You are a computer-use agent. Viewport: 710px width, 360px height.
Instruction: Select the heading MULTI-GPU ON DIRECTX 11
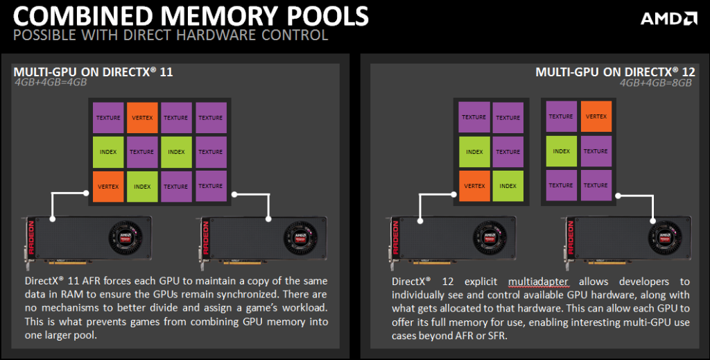point(94,72)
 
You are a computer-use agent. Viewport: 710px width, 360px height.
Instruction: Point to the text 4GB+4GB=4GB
point(51,83)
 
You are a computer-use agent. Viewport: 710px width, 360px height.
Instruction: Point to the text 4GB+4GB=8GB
point(657,83)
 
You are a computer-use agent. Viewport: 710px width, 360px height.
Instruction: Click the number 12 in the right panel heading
point(689,72)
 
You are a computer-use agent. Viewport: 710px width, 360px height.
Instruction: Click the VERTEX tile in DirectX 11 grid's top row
point(142,118)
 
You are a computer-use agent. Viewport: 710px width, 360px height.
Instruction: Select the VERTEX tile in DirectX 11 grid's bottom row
point(108,186)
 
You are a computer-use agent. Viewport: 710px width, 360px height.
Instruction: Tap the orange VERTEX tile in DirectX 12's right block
point(596,117)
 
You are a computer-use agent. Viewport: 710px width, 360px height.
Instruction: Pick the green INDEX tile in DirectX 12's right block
point(561,151)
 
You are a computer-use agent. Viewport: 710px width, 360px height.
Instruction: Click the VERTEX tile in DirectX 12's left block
point(474,186)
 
